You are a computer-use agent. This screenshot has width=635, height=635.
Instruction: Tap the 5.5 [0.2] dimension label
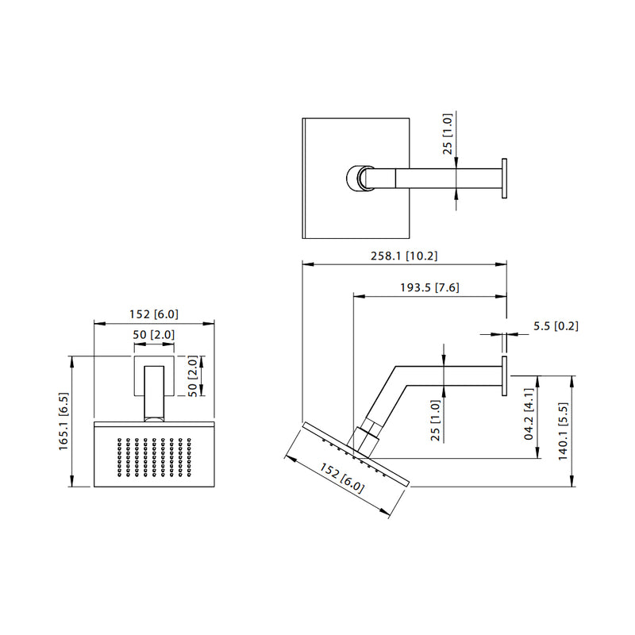556,326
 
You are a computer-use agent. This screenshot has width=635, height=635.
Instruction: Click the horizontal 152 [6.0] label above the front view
154,314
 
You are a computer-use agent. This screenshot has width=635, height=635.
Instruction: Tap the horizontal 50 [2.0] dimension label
154,335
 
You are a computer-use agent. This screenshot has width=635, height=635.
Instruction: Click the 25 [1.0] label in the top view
448,133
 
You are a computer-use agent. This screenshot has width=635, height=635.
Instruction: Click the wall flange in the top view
504,179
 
